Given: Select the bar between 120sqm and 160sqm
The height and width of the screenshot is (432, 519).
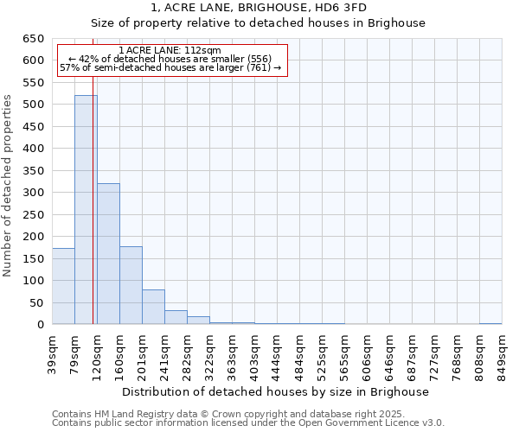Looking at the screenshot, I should pos(108,254).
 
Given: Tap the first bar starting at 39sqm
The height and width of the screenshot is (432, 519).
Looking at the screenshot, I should pos(63,286).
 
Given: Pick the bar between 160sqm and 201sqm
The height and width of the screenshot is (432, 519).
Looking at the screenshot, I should pos(131,285).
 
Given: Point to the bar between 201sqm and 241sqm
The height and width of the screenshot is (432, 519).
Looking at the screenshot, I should pos(153,307).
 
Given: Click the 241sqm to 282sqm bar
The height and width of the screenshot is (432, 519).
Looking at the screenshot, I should pos(176,317).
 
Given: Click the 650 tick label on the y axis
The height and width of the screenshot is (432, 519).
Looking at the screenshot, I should pos(33,39).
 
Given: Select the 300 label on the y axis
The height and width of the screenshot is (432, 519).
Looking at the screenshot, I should pos(33,193).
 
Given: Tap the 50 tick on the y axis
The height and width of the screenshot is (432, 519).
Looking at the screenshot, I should pos(36,303).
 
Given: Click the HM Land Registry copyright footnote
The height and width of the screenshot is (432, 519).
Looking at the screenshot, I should pos(228,414).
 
